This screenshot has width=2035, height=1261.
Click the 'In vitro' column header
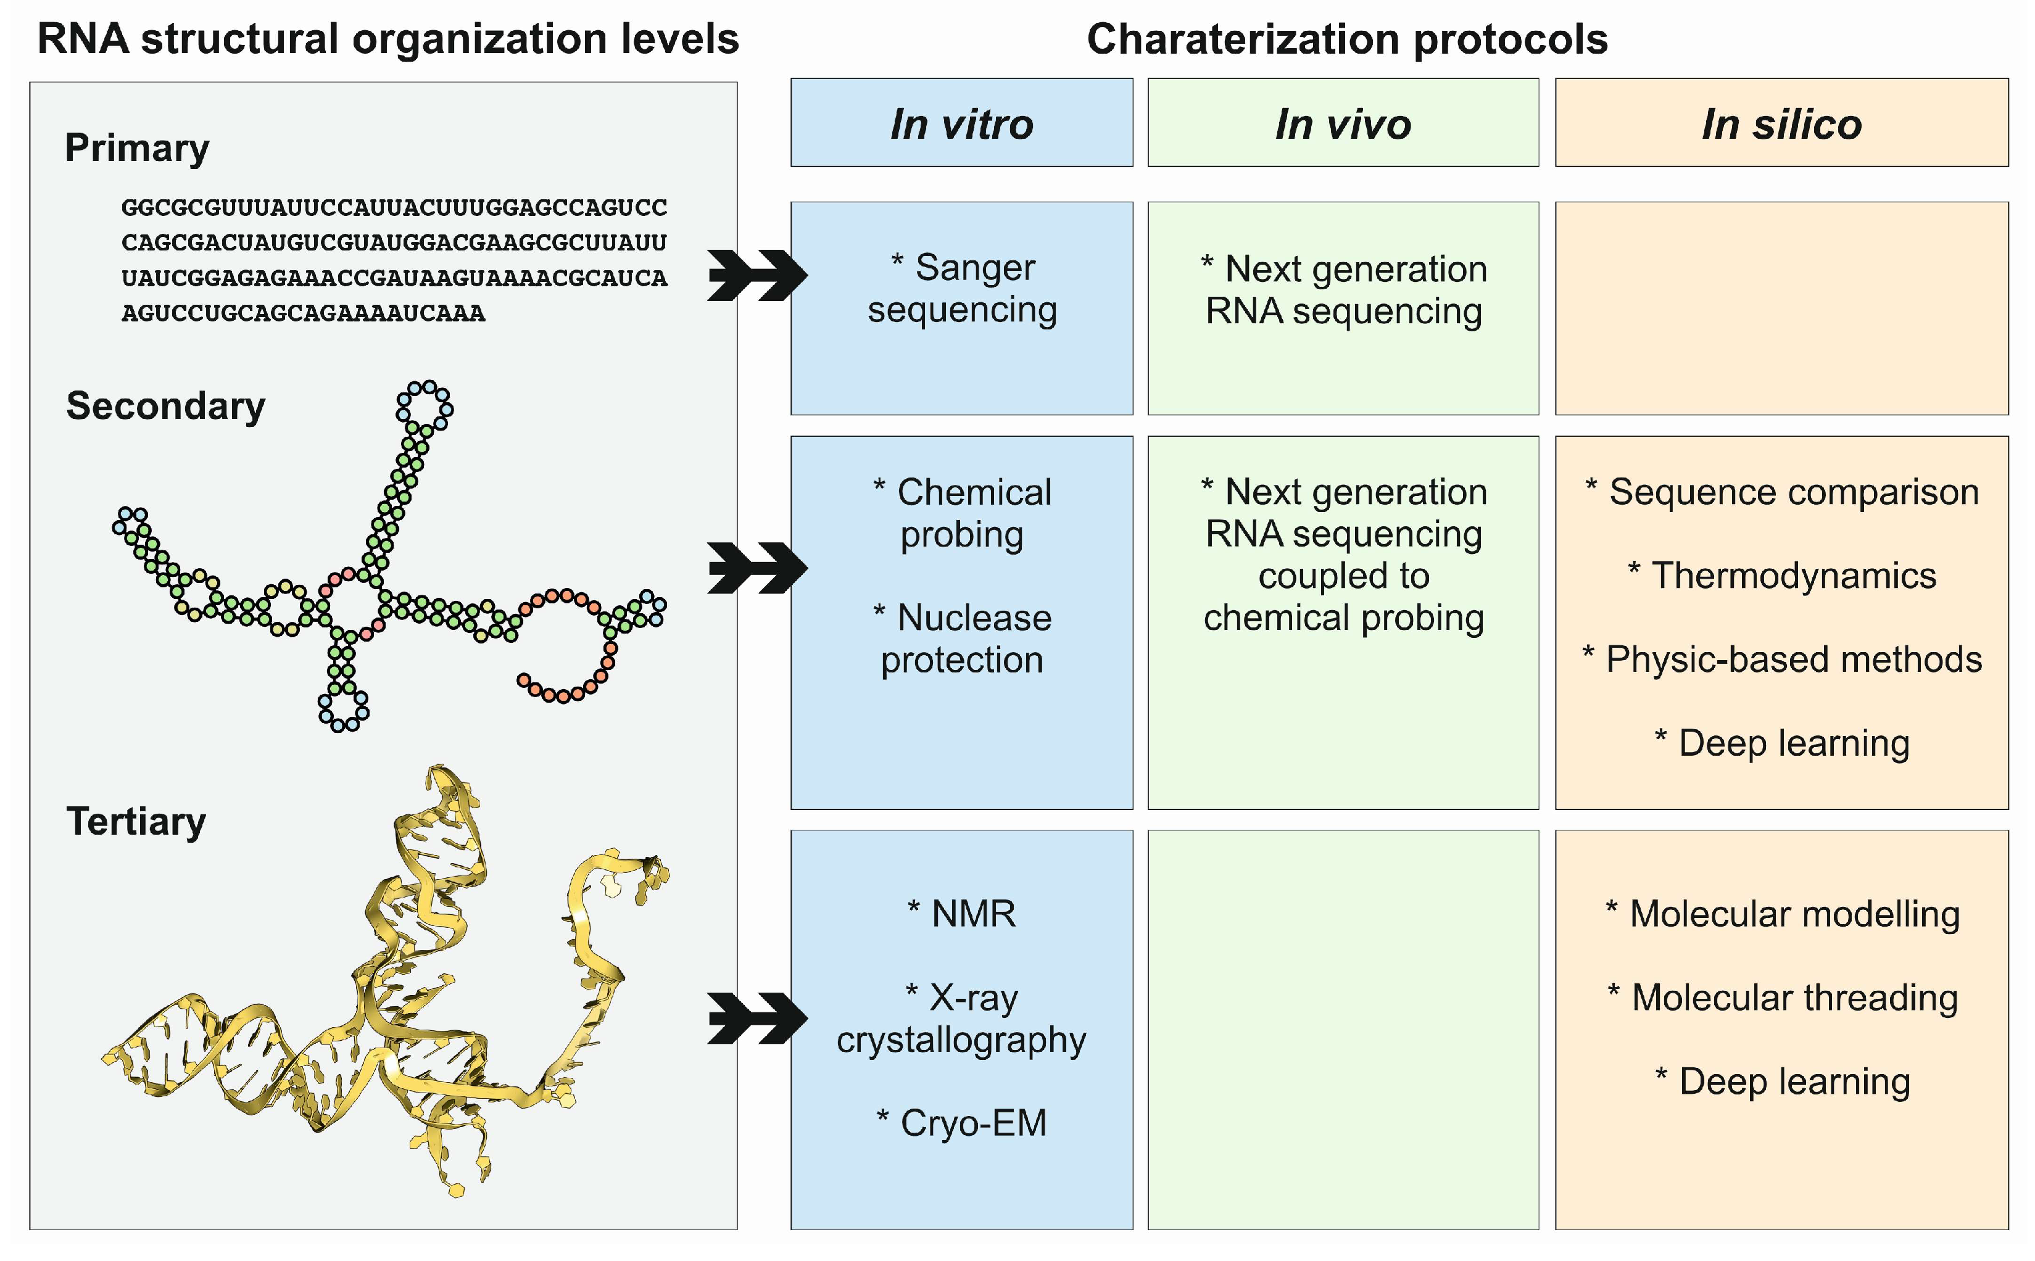click(961, 123)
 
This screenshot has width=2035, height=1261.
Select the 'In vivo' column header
click(1343, 123)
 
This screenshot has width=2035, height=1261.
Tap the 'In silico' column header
click(1781, 123)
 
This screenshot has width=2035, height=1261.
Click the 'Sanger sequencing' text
click(961, 289)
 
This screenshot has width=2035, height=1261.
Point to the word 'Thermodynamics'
click(1793, 576)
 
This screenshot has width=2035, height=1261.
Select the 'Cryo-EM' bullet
click(972, 1123)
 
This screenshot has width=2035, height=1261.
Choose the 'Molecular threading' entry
click(1793, 998)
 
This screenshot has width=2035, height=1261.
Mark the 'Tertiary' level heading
click(136, 822)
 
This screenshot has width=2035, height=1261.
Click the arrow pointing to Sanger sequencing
click(756, 275)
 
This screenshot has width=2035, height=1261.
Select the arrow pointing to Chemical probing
click(756, 568)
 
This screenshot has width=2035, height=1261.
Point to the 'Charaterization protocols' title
click(1347, 39)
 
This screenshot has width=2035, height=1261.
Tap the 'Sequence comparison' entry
click(1793, 492)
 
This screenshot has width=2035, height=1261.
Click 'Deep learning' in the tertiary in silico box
click(1793, 1081)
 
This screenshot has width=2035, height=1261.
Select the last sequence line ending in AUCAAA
click(303, 313)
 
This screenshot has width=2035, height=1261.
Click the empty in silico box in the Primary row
click(1781, 308)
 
